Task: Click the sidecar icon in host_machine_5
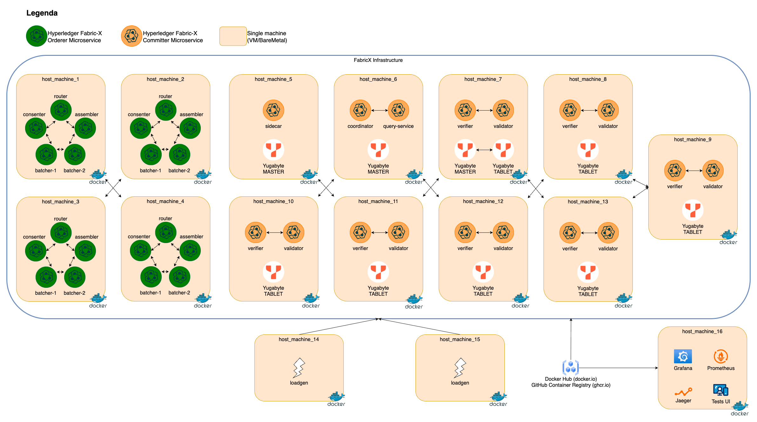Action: (273, 110)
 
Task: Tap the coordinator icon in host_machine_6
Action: (360, 110)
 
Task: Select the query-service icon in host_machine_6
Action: (398, 110)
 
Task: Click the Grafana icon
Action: (683, 356)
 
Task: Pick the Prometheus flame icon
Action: (720, 356)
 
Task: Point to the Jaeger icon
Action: (683, 392)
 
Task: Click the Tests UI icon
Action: (720, 390)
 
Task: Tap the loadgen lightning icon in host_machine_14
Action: (299, 368)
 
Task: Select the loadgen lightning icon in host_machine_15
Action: (460, 368)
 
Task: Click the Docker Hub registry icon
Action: (571, 367)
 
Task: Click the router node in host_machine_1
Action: (61, 110)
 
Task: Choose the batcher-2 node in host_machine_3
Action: (75, 277)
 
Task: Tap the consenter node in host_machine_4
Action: (140, 250)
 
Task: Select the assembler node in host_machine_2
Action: (190, 128)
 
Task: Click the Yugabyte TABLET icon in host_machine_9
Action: (693, 210)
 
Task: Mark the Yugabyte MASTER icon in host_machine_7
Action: (465, 149)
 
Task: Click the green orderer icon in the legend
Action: (37, 36)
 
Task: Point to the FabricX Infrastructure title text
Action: (378, 60)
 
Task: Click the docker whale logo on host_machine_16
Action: (740, 406)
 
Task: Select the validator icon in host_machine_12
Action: (503, 232)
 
